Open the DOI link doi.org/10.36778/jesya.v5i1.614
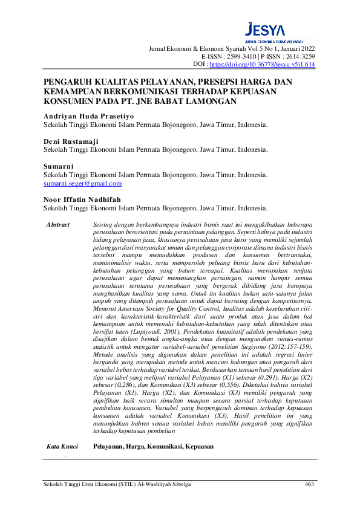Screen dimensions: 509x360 point(262,63)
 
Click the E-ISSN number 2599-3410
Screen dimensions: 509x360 point(241,56)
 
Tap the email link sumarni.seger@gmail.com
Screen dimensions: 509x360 point(83,183)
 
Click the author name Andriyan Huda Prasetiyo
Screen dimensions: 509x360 point(85,115)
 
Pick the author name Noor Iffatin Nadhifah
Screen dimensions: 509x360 point(82,199)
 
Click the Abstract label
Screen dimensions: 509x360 point(58,225)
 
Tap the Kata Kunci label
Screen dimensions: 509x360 point(62,447)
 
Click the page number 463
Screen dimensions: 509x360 point(309,484)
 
